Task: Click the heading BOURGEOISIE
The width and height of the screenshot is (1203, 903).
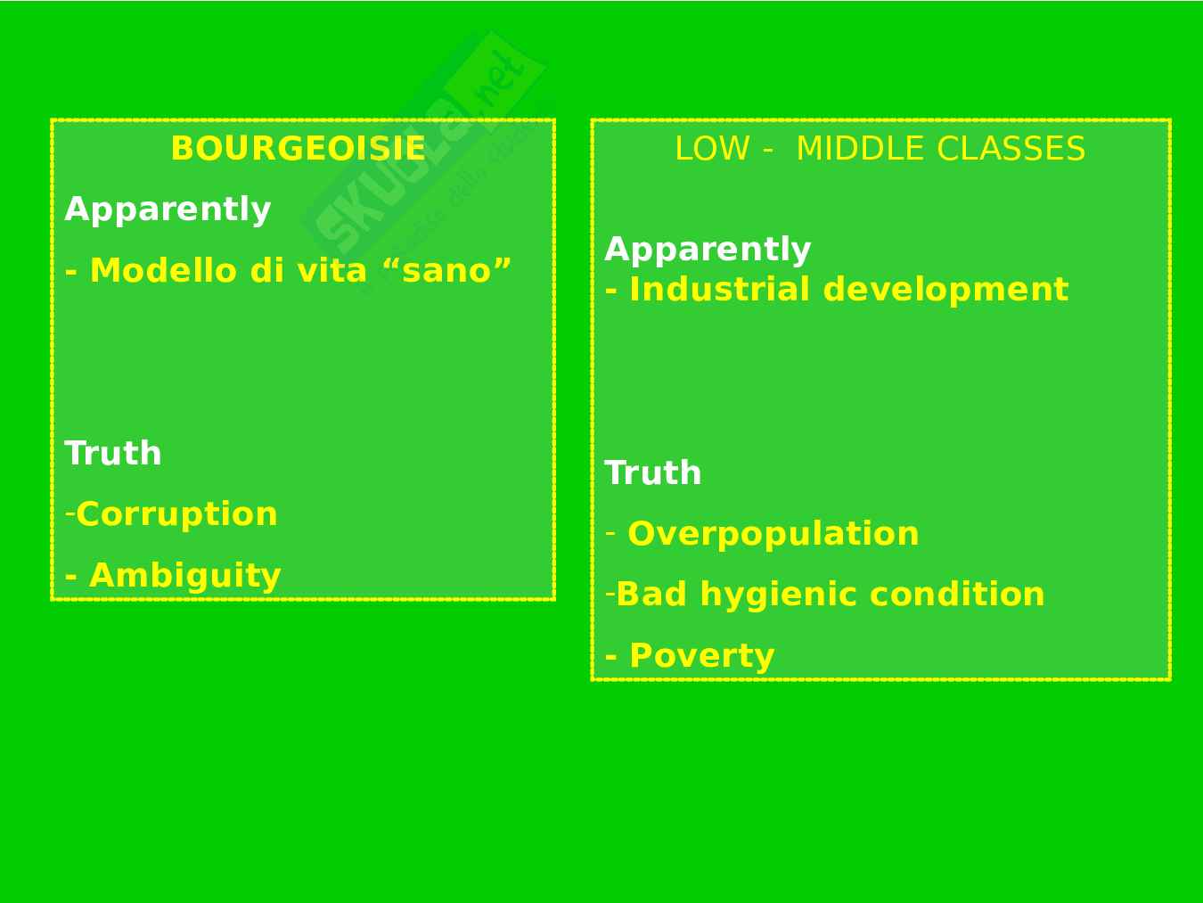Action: pos(299,148)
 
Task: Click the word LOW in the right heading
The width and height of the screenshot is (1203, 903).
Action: pos(712,149)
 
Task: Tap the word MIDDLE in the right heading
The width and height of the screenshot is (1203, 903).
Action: pos(861,149)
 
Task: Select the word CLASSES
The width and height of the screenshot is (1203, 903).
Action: pos(1011,149)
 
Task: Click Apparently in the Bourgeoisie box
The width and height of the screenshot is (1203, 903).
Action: pos(168,210)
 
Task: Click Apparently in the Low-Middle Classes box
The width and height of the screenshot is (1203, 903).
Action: pos(708,250)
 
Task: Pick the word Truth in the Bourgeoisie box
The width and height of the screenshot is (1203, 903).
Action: pos(113,453)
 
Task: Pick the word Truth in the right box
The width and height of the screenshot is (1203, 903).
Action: pos(653,472)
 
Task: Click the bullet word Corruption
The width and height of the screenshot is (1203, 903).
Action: pos(176,515)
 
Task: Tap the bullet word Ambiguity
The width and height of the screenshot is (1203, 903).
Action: pos(185,576)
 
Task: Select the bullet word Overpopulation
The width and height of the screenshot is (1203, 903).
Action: pos(773,534)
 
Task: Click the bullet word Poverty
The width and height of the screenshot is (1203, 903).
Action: pos(702,656)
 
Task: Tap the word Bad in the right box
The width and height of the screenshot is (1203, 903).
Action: pos(651,595)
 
